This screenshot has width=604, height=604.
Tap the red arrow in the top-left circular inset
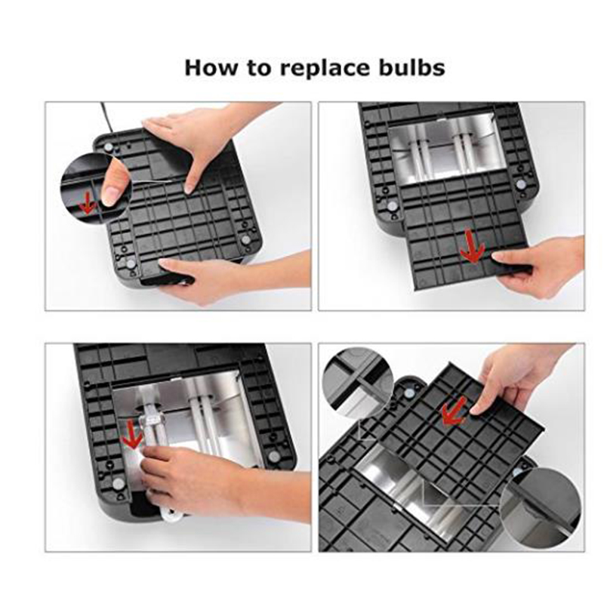tap(88, 202)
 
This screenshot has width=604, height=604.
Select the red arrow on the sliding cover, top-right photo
tap(473, 247)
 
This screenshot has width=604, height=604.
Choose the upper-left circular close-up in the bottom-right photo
tap(358, 382)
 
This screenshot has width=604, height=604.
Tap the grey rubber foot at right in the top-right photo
tap(520, 184)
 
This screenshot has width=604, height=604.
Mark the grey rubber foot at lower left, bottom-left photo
tap(118, 483)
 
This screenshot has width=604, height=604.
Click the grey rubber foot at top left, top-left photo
tap(109, 146)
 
